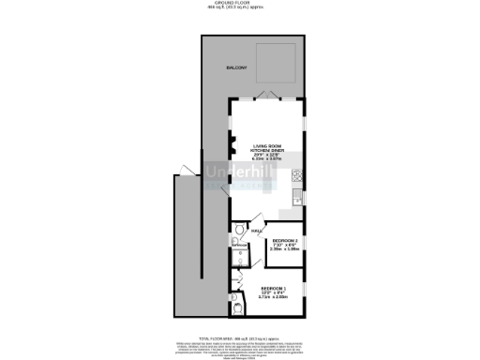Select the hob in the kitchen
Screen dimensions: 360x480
pyautogui.click(x=297, y=174)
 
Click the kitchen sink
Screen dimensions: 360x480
pyautogui.click(x=297, y=195)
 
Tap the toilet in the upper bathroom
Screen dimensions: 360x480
pyautogui.click(x=240, y=232)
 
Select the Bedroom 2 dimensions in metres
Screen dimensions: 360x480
pyautogui.click(x=283, y=249)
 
